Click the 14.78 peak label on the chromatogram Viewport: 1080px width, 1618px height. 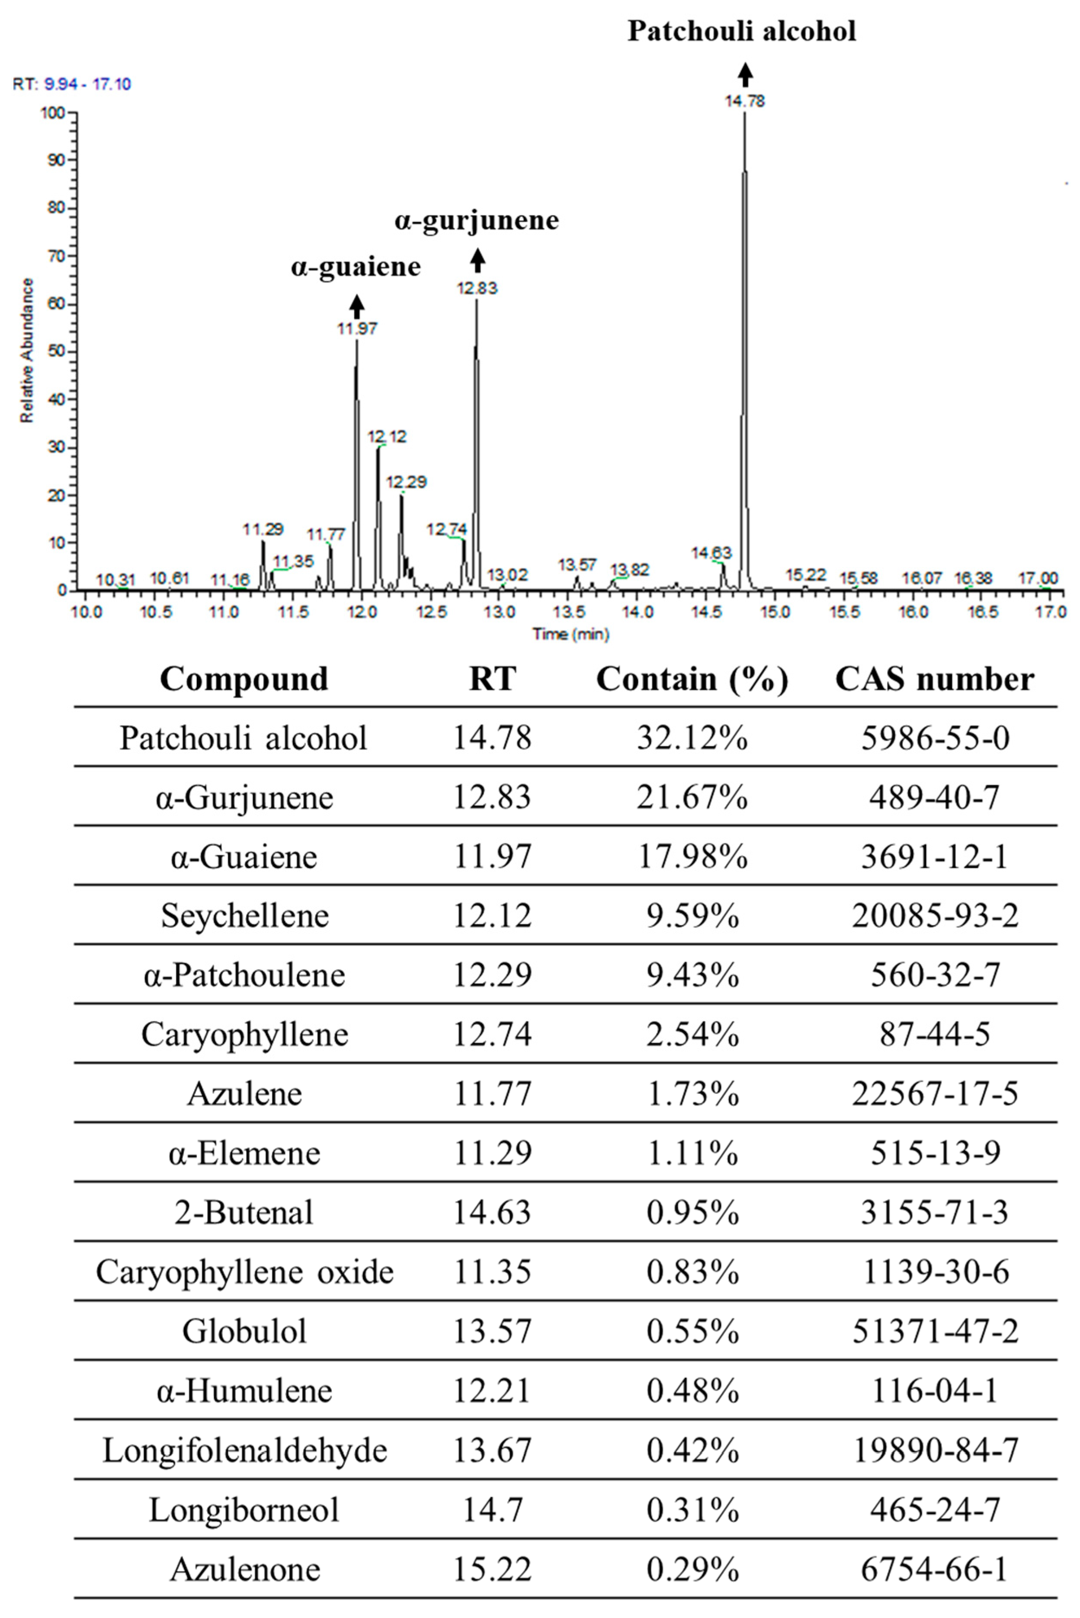744,101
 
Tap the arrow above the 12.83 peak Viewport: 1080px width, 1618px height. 478,261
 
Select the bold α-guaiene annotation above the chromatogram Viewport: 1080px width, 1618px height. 356,266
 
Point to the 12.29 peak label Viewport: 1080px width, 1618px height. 407,482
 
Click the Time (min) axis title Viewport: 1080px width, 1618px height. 570,634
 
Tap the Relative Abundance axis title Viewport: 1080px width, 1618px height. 27,350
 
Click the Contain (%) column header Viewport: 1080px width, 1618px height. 692,679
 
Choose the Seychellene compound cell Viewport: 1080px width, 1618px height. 244,916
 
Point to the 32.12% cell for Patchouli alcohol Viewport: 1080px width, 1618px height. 692,738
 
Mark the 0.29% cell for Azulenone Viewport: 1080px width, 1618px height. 692,1569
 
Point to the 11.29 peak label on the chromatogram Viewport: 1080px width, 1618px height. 263,529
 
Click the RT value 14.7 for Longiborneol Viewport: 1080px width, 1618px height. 492,1510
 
